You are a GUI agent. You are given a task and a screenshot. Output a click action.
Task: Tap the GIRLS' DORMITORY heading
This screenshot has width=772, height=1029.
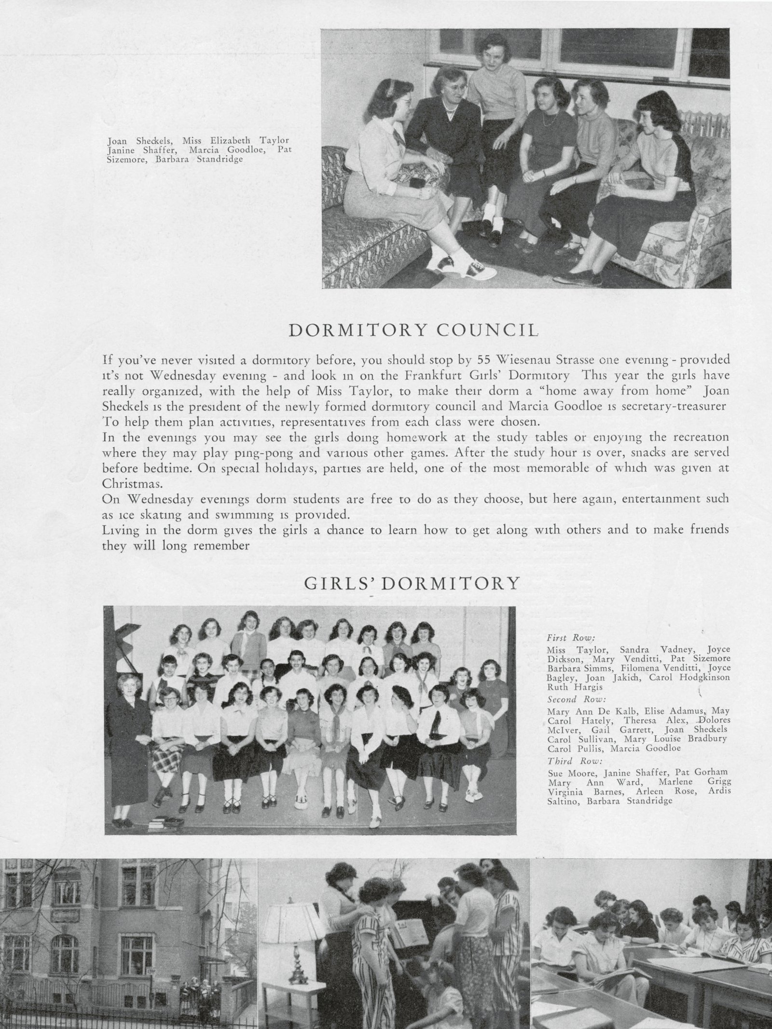[413, 584]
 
